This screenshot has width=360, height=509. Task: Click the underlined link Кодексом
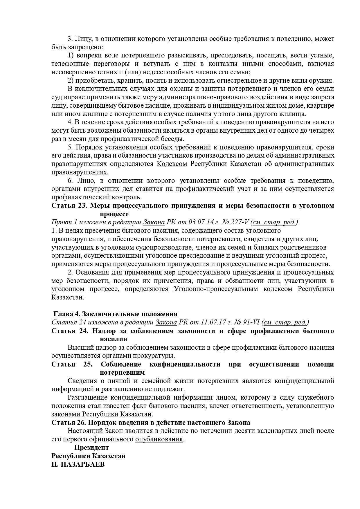click(172, 164)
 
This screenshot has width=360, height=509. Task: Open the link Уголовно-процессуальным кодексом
click(233, 289)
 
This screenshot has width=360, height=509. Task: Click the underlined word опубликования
click(159, 439)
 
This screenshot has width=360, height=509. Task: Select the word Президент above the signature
click(91, 447)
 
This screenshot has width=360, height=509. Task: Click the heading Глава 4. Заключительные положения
click(115, 314)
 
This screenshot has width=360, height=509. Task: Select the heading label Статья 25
click(72, 364)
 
